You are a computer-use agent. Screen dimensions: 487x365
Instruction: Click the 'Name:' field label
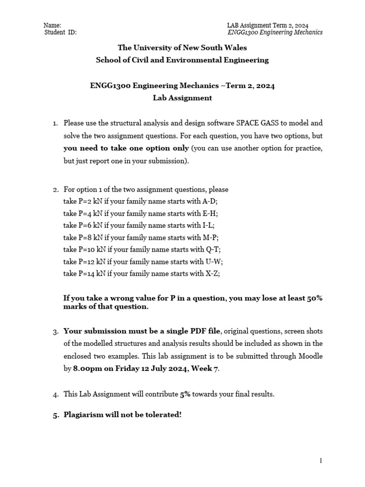[x=52, y=25]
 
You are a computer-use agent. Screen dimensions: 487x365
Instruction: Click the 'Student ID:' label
[x=60, y=32]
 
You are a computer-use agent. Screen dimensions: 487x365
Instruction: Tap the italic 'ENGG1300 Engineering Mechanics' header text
[x=276, y=32]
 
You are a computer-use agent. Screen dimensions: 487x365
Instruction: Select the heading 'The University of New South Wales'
[x=182, y=48]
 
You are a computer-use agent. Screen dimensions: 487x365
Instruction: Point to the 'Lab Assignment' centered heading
[x=182, y=98]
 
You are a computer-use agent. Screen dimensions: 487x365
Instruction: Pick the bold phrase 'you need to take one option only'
[x=126, y=148]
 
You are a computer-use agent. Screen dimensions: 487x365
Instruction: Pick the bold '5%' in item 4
[x=185, y=394]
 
